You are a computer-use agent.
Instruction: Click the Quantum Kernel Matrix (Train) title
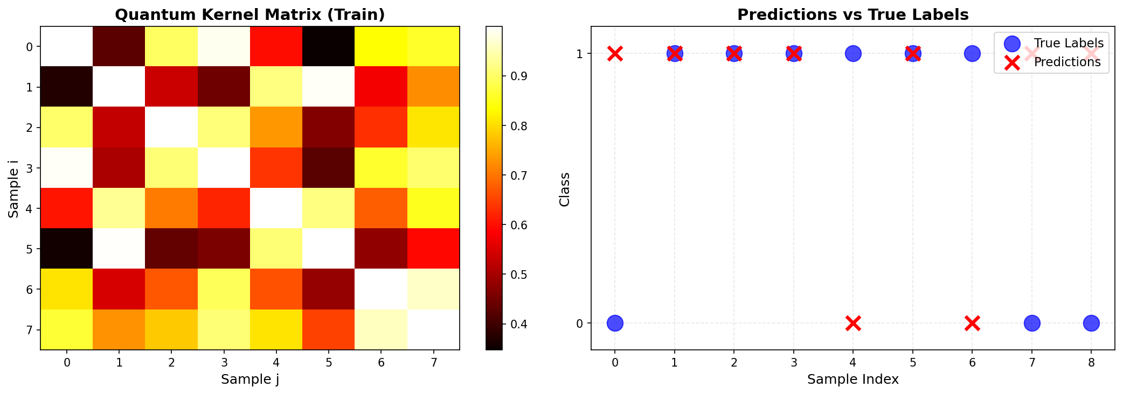[249, 15]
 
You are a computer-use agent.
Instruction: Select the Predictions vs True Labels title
[852, 15]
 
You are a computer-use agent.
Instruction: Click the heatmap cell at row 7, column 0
[66, 329]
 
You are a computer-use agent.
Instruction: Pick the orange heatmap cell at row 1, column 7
[433, 87]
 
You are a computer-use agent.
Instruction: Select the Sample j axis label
[249, 379]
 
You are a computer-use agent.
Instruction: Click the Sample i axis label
[13, 188]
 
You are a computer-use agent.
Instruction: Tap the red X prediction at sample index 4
[852, 323]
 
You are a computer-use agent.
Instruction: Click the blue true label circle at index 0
[615, 323]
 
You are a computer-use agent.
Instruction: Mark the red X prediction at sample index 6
[972, 323]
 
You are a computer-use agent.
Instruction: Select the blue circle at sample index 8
[1091, 323]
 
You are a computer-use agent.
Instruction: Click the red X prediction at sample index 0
[615, 53]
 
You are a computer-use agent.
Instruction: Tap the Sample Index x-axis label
[852, 379]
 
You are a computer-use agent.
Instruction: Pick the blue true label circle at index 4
[852, 53]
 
